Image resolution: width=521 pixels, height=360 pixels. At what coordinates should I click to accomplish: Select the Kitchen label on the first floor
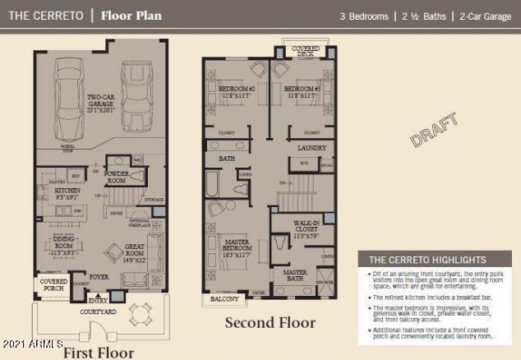tap(68, 193)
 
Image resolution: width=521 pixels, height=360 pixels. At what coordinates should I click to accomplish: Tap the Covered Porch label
tap(53, 284)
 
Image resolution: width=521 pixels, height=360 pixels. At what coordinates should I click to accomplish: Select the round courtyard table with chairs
tap(140, 314)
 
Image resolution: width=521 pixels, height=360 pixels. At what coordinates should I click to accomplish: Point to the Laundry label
tap(312, 148)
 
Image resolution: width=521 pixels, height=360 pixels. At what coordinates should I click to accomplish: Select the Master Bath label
tap(296, 275)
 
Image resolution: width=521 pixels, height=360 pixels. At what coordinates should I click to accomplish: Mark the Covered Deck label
tap(305, 51)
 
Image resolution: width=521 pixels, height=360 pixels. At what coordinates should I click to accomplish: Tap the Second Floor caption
tap(270, 323)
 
